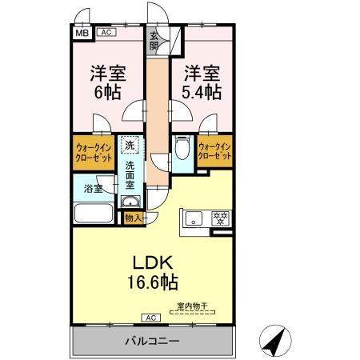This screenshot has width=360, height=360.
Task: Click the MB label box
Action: click(81, 34)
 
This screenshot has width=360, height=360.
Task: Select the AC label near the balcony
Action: click(153, 318)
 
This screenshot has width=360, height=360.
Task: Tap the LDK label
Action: click(150, 262)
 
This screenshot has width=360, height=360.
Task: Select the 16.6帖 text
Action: click(150, 282)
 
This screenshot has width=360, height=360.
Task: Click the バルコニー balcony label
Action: click(151, 342)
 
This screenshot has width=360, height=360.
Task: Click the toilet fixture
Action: click(181, 150)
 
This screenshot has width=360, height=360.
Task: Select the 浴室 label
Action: click(94, 189)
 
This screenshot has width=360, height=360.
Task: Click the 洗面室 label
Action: click(130, 175)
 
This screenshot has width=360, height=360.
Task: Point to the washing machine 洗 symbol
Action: click(130, 146)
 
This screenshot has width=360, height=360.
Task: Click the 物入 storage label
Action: click(134, 218)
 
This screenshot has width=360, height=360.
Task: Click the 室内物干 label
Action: click(192, 304)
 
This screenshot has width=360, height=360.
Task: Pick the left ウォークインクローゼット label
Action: click(93, 153)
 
